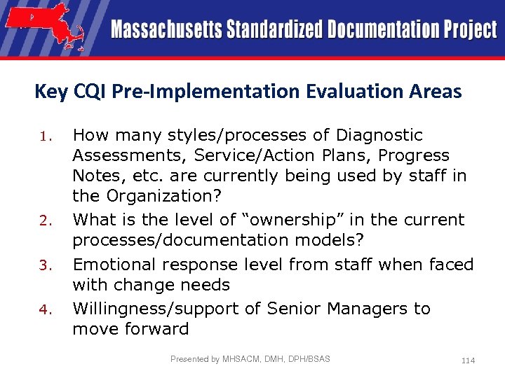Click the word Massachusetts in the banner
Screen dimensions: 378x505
[166, 30]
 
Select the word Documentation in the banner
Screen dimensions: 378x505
[379, 30]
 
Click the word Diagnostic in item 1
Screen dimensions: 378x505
[379, 134]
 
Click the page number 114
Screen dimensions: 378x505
[468, 360]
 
